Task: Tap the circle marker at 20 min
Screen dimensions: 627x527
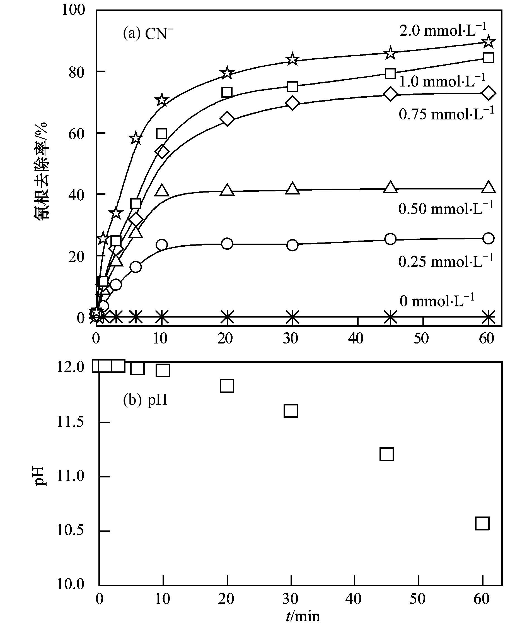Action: coord(227,243)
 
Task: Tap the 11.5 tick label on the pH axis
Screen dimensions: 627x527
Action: coord(71,422)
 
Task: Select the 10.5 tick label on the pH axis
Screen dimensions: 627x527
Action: coord(71,531)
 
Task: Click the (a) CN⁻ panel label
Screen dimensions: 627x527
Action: coord(148,34)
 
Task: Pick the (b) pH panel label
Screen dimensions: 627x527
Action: coord(145,400)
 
